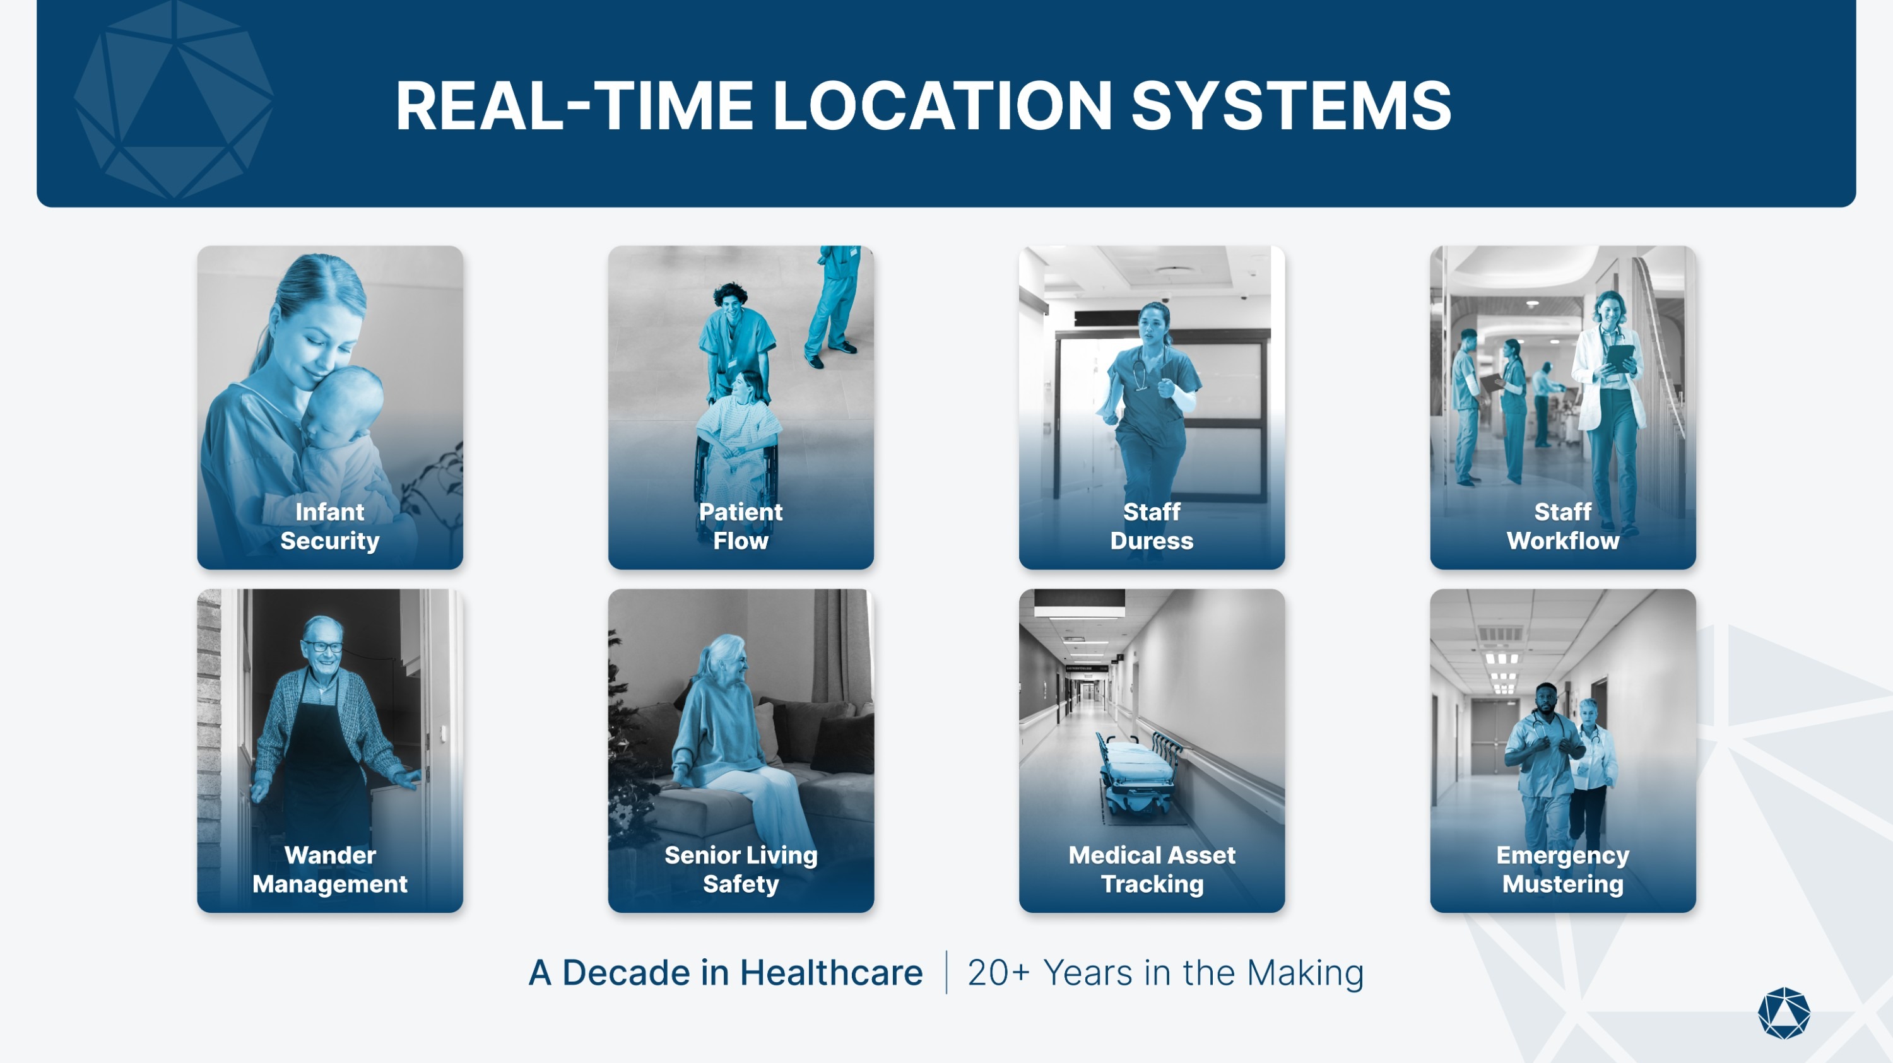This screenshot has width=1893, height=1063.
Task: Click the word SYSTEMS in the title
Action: coord(1291,106)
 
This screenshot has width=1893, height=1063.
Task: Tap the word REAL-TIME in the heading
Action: coord(575,106)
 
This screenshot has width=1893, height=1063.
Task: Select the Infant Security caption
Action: coord(330,526)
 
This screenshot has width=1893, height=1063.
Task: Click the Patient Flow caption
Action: coord(741,526)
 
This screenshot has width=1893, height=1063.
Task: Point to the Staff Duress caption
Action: coord(1152,526)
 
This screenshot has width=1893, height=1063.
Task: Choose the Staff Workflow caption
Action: coord(1563,526)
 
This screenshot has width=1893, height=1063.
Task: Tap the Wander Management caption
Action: coord(330,869)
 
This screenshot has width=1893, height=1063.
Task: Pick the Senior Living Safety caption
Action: coord(741,869)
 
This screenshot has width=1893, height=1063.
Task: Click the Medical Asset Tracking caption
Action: coord(1152,869)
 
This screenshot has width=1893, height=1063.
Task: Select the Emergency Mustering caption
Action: coord(1563,869)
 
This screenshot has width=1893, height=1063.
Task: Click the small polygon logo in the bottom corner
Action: coord(1784,1014)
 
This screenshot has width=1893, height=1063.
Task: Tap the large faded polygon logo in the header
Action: coord(174,99)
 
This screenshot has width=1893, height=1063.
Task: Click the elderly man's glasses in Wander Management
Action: coord(323,647)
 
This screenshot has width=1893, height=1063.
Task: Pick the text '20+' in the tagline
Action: coord(1000,973)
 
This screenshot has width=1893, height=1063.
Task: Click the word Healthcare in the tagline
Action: coord(831,973)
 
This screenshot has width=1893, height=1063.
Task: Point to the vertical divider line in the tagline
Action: coord(946,973)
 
